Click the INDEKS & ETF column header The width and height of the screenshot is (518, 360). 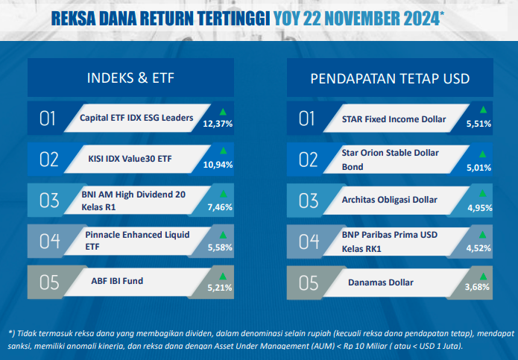[130, 78]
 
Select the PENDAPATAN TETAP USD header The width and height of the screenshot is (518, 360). [390, 78]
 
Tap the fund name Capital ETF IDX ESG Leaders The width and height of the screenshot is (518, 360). [136, 118]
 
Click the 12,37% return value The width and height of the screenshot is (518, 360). [218, 124]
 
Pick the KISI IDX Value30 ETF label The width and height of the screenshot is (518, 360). [130, 159]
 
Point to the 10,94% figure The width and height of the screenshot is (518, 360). [218, 165]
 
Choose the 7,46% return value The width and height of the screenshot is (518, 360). [220, 207]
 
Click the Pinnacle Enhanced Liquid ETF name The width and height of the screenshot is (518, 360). [137, 241]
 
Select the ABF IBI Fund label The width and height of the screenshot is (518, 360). [117, 281]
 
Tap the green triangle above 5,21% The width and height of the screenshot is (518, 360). [223, 276]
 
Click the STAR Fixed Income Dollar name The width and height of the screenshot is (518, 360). [394, 119]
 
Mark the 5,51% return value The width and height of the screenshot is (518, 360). [478, 124]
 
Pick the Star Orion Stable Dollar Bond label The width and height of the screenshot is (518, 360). [390, 160]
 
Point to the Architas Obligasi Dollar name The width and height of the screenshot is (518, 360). [390, 200]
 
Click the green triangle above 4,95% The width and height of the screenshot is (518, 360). [483, 193]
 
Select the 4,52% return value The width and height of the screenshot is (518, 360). [478, 248]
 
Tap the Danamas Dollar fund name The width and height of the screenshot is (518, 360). [381, 282]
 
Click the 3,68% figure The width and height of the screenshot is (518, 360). [477, 287]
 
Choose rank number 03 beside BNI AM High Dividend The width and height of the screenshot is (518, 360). [49, 200]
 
